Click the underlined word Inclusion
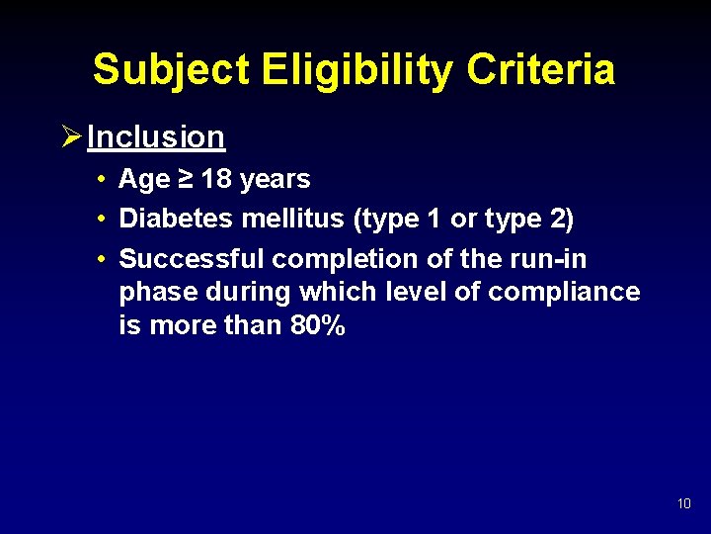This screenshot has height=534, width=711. pos(156,137)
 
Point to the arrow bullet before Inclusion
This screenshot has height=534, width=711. pos(70,136)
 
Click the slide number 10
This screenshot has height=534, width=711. pos(684,504)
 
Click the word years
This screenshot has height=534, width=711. pos(275,179)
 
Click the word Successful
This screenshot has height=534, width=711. pos(192,259)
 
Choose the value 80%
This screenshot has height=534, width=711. pos(318,325)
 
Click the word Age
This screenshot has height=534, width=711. pos(143,180)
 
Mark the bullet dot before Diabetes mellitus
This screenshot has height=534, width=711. pos(103,220)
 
